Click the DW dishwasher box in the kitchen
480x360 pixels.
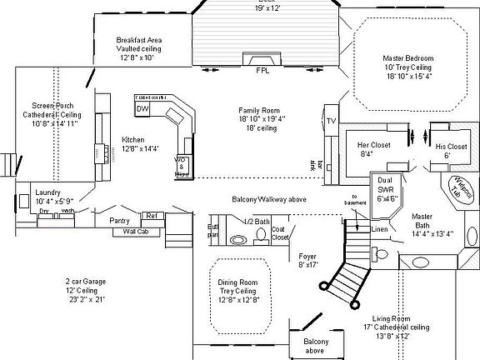pyautogui.click(x=142, y=109)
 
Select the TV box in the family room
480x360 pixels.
pyautogui.click(x=331, y=120)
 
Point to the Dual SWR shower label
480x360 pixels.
pyautogui.click(x=386, y=187)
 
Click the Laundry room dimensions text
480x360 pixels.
pyautogui.click(x=55, y=201)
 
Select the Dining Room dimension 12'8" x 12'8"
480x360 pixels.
pyautogui.click(x=239, y=299)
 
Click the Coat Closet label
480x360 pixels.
pyautogui.click(x=279, y=232)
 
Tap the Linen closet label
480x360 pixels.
pyautogui.click(x=380, y=229)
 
